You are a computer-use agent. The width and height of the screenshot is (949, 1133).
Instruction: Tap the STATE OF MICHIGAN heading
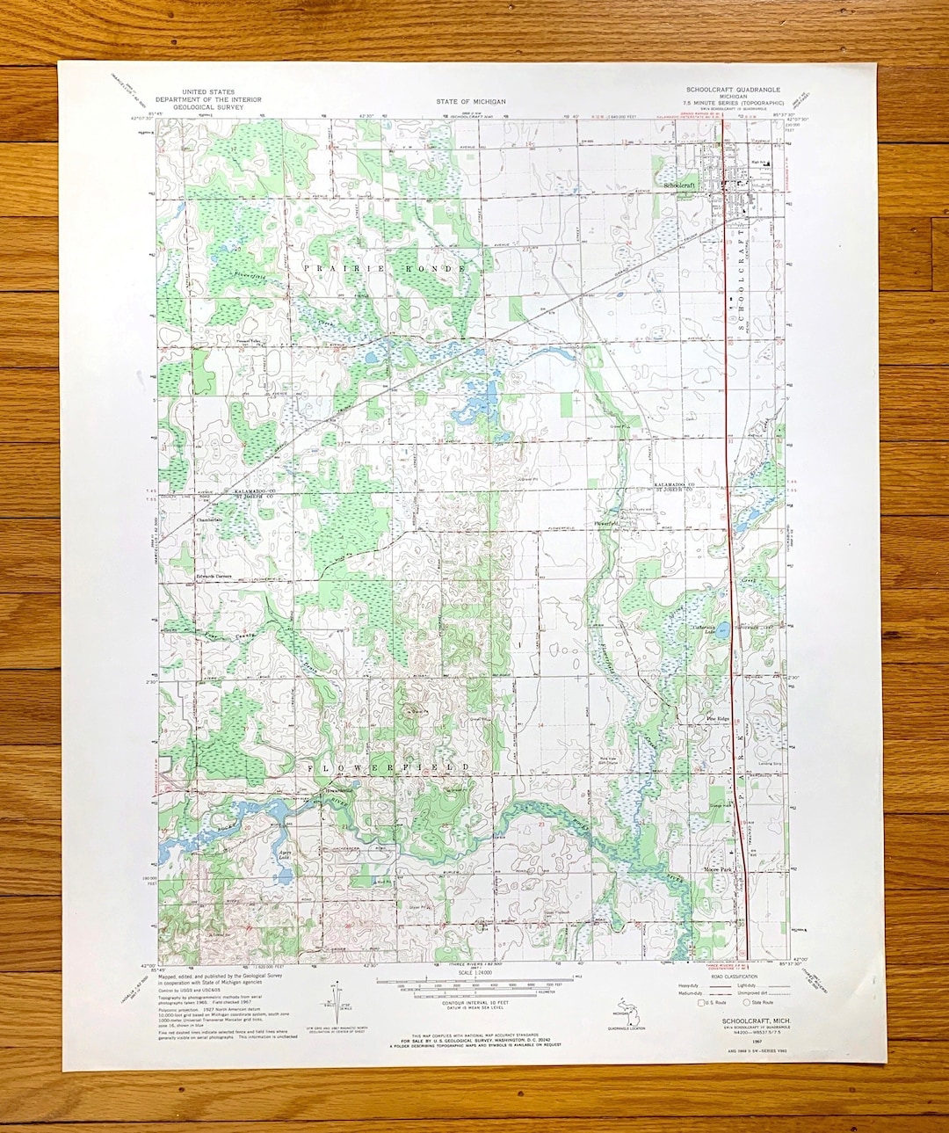pyautogui.click(x=471, y=102)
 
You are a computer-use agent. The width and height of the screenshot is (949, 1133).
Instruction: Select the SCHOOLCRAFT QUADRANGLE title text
pyautogui.click(x=733, y=90)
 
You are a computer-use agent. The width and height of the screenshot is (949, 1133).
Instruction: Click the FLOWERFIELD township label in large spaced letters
pyautogui.click(x=388, y=767)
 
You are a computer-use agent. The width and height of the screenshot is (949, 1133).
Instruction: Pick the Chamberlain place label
pyautogui.click(x=210, y=519)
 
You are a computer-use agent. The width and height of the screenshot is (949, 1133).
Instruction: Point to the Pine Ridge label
pyautogui.click(x=719, y=718)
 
